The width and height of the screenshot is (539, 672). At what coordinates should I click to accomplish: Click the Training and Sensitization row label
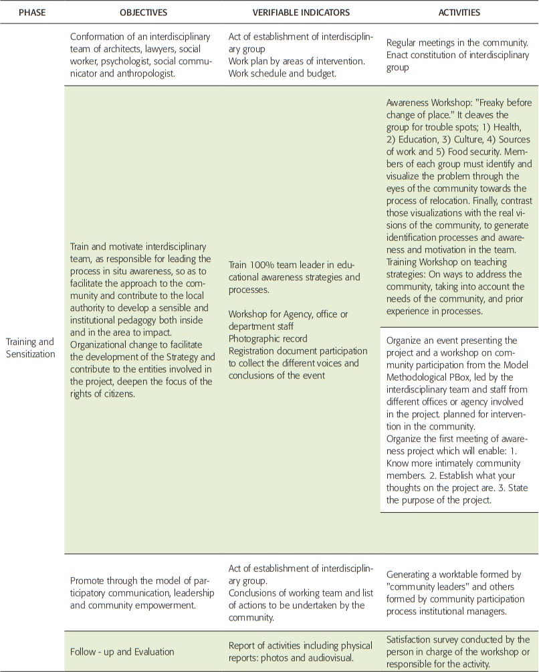pos(31,348)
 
